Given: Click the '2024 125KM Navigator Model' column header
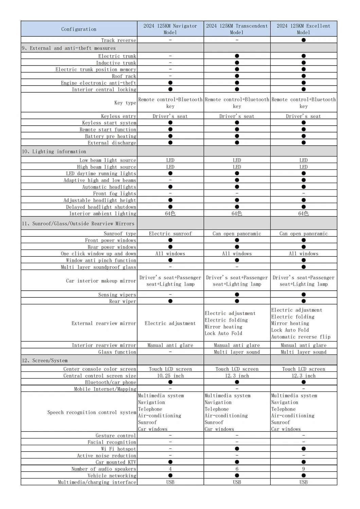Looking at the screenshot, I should [170, 29].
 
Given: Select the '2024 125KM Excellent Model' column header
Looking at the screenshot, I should [303, 29].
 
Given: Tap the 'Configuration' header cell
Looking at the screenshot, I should [79, 29].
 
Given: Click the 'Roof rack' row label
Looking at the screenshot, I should [124, 76].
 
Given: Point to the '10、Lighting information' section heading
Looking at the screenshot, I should [54, 151].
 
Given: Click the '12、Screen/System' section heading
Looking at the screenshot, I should [44, 360].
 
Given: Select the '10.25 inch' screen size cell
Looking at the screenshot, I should [170, 376].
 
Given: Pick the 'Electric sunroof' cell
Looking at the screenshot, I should [170, 234].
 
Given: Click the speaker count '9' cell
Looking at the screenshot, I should [304, 469].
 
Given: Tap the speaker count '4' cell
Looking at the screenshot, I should [170, 469].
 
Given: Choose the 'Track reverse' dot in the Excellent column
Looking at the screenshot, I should [304, 40].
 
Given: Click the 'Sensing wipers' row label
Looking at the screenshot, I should [117, 295].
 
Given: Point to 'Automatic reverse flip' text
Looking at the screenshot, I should [301, 337].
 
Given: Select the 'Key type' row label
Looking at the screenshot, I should [125, 103].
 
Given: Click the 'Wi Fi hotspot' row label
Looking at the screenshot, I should [119, 449].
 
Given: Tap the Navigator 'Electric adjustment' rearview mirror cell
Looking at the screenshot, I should [170, 323].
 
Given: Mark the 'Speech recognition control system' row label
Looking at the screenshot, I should [92, 412].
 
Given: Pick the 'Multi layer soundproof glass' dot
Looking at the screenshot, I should [304, 267].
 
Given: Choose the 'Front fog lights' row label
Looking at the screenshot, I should [114, 194].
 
